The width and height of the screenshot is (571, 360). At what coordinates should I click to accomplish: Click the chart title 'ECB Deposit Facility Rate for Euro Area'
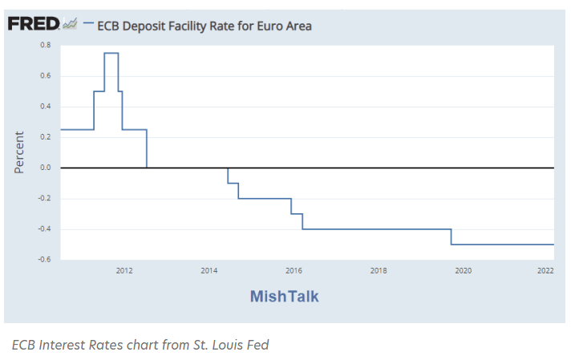tap(204, 26)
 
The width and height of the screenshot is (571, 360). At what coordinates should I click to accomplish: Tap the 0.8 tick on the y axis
tap(46, 45)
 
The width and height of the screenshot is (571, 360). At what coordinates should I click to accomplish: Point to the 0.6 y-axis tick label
tap(46, 76)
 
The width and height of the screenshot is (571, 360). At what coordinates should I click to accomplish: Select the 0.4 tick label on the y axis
tap(46, 107)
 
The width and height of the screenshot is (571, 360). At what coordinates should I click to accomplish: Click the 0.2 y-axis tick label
tap(46, 137)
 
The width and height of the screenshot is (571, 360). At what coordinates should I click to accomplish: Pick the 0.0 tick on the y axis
tap(46, 168)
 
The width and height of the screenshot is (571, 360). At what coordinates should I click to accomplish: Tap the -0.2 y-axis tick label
tap(45, 199)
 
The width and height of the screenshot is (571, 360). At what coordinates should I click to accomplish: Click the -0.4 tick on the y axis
tap(45, 229)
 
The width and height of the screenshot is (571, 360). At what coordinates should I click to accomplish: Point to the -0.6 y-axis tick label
tap(45, 260)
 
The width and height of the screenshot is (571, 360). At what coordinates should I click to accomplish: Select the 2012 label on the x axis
tap(124, 271)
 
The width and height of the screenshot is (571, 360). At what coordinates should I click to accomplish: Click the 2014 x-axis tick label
tap(209, 271)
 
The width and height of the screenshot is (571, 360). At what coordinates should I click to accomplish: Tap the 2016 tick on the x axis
tap(294, 271)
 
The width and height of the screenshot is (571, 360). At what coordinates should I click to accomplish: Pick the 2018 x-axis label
tap(379, 271)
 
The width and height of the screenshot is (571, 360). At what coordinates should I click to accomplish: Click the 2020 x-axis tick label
tap(463, 271)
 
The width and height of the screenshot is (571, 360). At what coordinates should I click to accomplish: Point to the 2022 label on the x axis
tap(545, 271)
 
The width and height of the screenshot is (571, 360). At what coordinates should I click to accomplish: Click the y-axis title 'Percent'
tap(19, 152)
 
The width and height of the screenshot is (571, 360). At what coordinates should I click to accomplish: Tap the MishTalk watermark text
tap(284, 297)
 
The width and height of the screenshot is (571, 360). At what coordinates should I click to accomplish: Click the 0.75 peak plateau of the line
tap(111, 53)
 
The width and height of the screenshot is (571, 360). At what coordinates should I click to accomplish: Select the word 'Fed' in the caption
tap(256, 345)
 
